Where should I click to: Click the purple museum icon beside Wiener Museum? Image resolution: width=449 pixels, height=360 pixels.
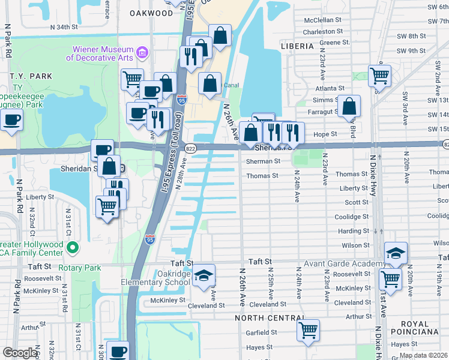[x=142, y=53]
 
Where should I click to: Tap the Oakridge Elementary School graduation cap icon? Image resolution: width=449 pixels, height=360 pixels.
[x=204, y=275]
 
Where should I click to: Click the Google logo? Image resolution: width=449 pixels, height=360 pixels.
[x=20, y=353]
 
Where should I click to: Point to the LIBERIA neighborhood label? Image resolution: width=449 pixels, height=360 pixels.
[x=297, y=46]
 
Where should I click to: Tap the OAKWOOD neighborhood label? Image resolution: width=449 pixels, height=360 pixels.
[x=151, y=13]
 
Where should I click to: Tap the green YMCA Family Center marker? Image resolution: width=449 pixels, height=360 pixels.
[x=72, y=247]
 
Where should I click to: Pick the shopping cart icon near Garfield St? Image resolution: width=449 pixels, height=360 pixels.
[x=308, y=329]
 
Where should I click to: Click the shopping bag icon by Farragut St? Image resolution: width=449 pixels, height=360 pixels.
[x=349, y=106]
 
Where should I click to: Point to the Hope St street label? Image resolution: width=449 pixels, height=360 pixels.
[x=325, y=135]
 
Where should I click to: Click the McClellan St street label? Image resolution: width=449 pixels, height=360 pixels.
[x=323, y=19]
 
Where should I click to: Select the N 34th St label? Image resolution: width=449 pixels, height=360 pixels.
[x=65, y=28]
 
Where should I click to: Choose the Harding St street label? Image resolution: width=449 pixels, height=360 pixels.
[x=354, y=231]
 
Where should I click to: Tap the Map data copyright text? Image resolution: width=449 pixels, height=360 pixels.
[x=423, y=355]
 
